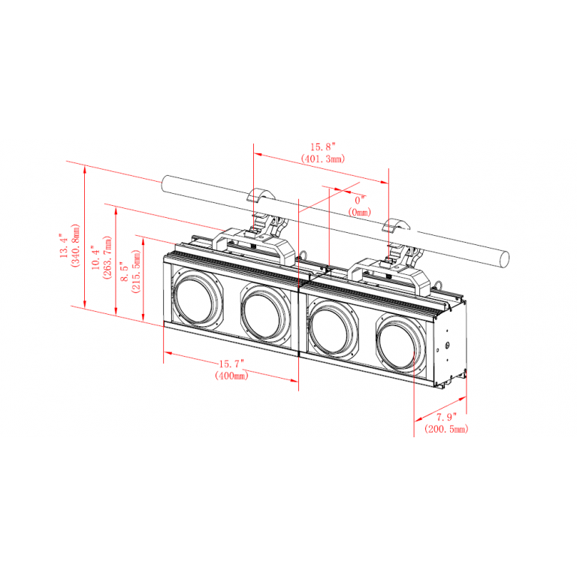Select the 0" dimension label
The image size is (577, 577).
tap(360, 201)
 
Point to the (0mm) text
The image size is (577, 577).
tap(360, 213)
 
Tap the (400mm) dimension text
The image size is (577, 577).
tap(231, 375)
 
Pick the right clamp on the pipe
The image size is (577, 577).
tap(396, 243)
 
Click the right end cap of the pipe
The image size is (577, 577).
tap(503, 258)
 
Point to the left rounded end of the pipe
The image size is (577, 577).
tap(165, 184)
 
